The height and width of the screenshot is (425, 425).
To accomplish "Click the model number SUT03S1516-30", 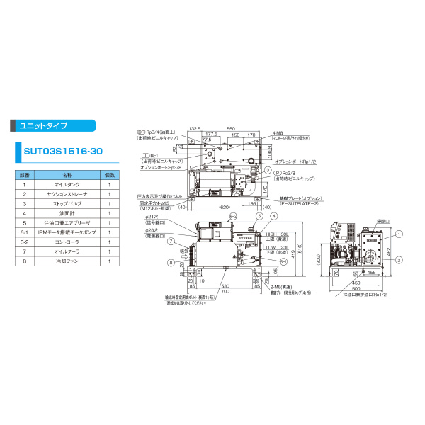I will [x=59, y=151].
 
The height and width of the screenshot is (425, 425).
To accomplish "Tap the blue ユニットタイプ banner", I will [x=52, y=125].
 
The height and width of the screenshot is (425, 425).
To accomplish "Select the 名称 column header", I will [x=67, y=174].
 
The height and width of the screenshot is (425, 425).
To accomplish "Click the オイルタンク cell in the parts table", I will [x=67, y=184].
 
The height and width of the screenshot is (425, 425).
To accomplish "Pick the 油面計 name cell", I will [x=67, y=212].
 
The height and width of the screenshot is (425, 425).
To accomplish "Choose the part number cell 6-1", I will [x=24, y=232].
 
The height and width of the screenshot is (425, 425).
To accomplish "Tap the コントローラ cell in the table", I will [x=67, y=242].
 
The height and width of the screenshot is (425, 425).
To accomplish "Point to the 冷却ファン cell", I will [x=67, y=261].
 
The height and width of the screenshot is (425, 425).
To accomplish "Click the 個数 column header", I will [x=110, y=174].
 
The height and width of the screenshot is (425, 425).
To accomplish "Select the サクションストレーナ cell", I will [x=67, y=193].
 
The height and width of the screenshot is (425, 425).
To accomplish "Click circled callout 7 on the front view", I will [x=171, y=242].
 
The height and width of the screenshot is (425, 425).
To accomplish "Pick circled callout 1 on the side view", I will [x=399, y=234].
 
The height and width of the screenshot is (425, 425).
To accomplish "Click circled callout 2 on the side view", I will [x=399, y=259].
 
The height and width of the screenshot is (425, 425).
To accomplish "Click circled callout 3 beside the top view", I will [x=268, y=171].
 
